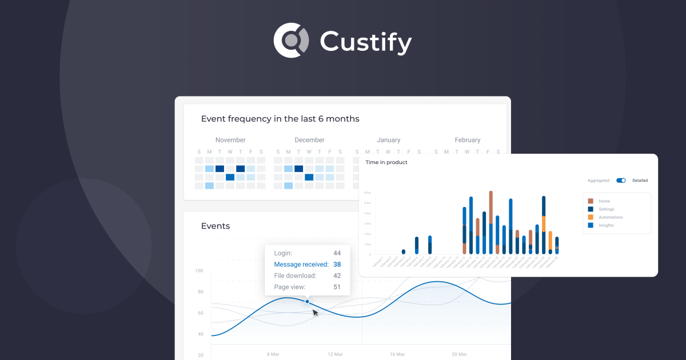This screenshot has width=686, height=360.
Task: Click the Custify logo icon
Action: coord(292,41)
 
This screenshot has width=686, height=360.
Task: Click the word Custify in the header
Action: coord(366,42)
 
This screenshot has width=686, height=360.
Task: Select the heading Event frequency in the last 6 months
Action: coord(280,119)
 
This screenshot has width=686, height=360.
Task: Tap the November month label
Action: coord(230,140)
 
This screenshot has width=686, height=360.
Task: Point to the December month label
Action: coord(309,140)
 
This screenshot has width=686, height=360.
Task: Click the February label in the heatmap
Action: coord(468,140)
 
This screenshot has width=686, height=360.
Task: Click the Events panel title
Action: coord(216,226)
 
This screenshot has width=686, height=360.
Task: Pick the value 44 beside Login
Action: coord(337,253)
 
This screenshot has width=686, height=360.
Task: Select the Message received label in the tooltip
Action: coord(301,265)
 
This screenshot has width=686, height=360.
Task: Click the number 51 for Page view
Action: coord(337,287)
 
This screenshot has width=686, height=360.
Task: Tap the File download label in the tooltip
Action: coord(295,275)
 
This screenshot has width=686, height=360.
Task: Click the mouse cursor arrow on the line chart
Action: coord(315,313)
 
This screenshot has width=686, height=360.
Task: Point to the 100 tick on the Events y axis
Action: coord(199,271)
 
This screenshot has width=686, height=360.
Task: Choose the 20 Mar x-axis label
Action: coord(459,354)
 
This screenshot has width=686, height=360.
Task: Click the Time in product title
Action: coord(386,162)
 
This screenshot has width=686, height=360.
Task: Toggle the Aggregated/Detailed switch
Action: coord(621,181)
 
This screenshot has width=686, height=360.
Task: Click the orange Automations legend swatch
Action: coord(591,217)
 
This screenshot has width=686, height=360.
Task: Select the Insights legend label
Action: coord(606,225)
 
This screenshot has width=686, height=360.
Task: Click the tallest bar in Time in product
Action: coord(490,223)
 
